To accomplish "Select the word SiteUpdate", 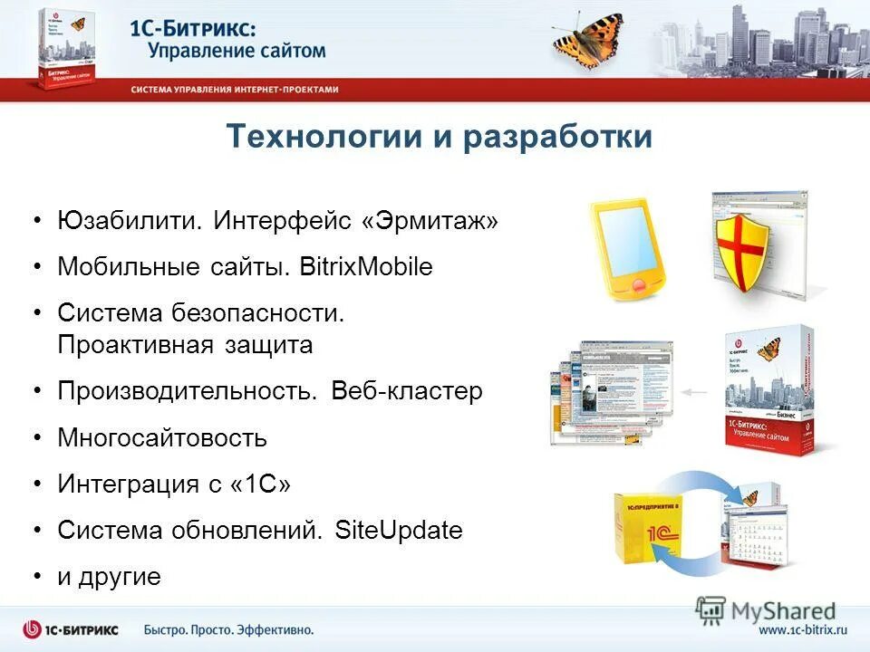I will point(399,530).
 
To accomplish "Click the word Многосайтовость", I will point(162,438).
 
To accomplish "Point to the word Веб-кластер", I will point(407,391).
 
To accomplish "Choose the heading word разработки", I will point(557,137).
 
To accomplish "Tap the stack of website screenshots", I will point(611,392).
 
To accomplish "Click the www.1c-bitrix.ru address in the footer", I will point(802,629).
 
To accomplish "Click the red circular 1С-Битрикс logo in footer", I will point(33,629).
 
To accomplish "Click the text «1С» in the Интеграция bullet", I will point(262,484).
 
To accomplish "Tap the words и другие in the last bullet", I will point(109,577).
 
